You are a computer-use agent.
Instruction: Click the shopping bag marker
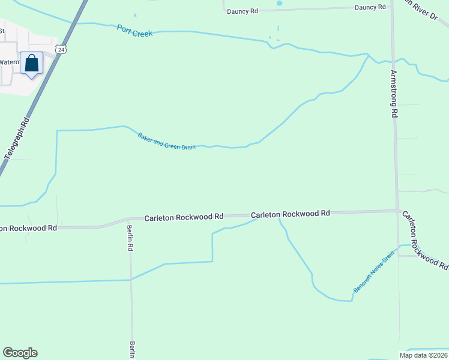(31, 64)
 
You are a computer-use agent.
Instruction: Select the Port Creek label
(134, 31)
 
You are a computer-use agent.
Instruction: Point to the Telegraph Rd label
(17, 139)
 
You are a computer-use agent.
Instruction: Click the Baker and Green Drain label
(166, 142)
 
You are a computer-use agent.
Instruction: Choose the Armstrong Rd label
(394, 93)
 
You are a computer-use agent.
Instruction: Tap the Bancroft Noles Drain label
(373, 272)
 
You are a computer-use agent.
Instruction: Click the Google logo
(20, 353)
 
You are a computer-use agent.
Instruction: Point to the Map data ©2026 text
(423, 355)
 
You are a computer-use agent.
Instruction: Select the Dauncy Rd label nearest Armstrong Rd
(370, 7)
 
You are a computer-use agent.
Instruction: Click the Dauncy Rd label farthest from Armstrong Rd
(242, 11)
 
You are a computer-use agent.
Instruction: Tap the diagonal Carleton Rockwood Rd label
(424, 239)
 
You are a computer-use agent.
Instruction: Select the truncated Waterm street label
(9, 62)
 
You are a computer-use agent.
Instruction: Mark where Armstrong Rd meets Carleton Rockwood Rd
(397, 211)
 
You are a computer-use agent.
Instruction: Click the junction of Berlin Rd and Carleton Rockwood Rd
(130, 220)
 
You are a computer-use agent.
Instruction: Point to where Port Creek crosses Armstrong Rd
(393, 61)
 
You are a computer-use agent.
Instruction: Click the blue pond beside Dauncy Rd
(279, 3)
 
